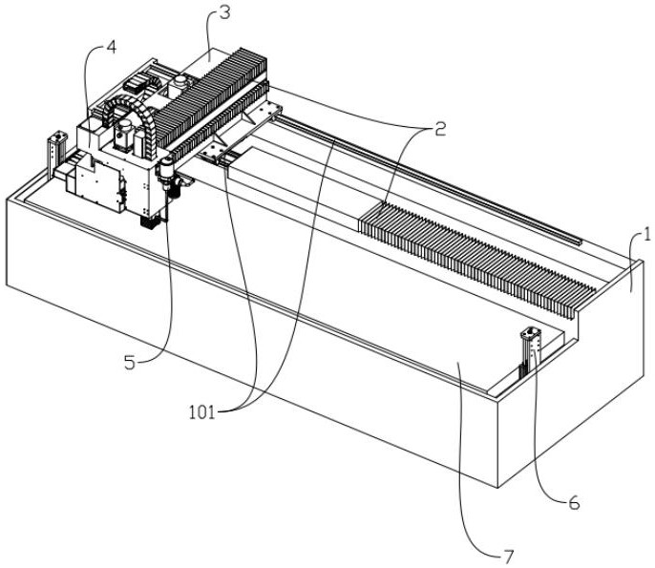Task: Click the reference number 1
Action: [646, 235]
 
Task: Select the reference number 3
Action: [224, 13]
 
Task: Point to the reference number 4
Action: [111, 48]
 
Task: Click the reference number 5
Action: [130, 364]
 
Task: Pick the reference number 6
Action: [575, 504]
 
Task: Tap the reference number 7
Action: [507, 557]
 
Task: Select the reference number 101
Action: [201, 413]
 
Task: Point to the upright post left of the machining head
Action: [57, 154]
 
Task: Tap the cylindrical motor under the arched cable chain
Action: [124, 135]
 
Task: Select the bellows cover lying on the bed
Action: [476, 260]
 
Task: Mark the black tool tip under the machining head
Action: [148, 222]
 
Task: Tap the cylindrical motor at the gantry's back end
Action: [180, 85]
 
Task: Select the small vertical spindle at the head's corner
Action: [166, 174]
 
